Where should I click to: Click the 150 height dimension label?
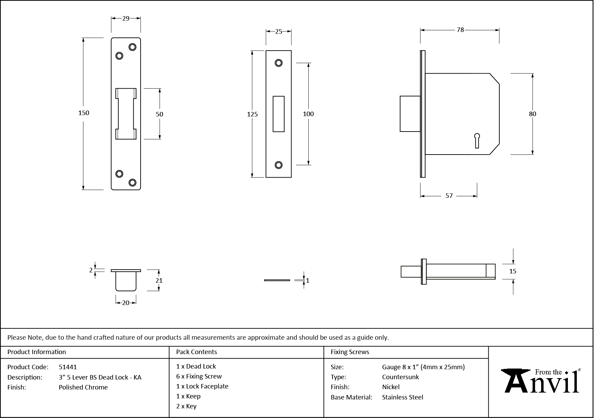click(84, 113)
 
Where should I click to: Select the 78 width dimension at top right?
click(460, 30)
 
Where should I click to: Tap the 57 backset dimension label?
click(449, 196)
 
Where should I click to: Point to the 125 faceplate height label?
click(252, 114)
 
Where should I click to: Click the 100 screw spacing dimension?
click(308, 114)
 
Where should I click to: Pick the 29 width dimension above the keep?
click(126, 19)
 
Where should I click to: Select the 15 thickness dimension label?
click(512, 271)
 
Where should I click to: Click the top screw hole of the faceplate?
click(278, 63)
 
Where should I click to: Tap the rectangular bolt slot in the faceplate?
click(278, 114)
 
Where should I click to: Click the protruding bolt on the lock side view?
click(410, 114)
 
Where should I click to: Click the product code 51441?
click(68, 367)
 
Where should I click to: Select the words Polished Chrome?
click(83, 387)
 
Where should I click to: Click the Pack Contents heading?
click(196, 352)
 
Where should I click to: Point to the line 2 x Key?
click(186, 406)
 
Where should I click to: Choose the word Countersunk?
click(400, 377)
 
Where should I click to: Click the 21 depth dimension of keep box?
click(159, 280)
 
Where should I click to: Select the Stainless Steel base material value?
click(402, 397)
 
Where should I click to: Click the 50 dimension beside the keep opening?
click(159, 114)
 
